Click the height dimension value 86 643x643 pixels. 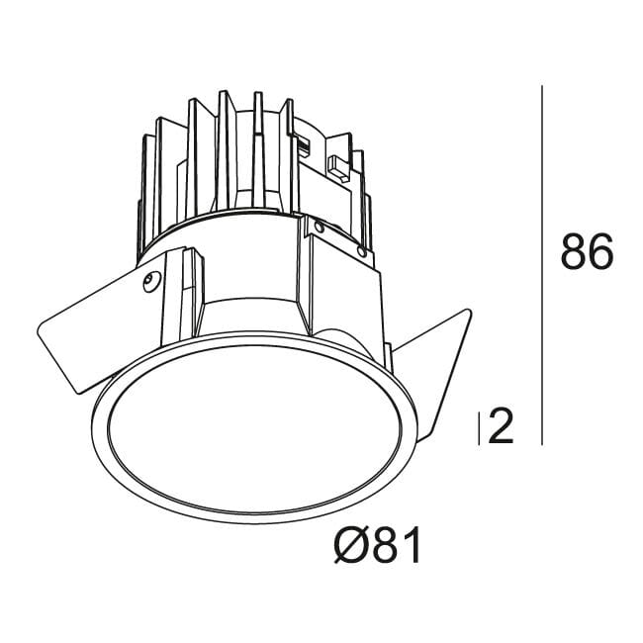click(588, 253)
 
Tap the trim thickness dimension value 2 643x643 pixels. click(502, 427)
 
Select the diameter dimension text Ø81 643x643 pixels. click(378, 545)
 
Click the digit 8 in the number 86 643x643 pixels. click(574, 253)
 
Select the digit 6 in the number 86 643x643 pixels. click(601, 253)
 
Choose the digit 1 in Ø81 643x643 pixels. click(411, 545)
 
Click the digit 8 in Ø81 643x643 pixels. click(386, 545)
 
